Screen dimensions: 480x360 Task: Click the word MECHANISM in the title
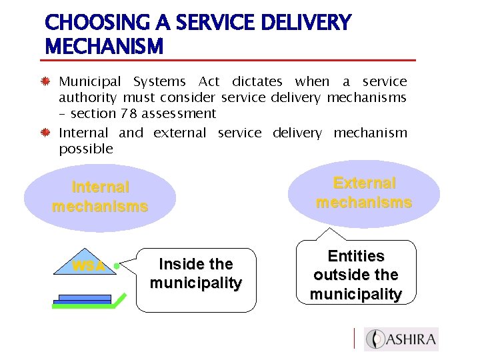click(x=104, y=47)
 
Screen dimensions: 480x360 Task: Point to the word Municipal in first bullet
click(x=89, y=82)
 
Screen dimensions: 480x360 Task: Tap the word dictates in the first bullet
click(x=257, y=82)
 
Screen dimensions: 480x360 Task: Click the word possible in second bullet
click(x=86, y=149)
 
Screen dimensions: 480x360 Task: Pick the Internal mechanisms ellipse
click(x=100, y=197)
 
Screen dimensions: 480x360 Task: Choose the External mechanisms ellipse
click(x=364, y=193)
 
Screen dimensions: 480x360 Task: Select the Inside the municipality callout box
click(x=196, y=280)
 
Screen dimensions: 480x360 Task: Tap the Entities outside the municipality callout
click(x=356, y=273)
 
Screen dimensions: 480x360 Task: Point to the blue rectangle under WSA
click(x=85, y=299)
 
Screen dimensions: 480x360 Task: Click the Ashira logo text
click(x=413, y=339)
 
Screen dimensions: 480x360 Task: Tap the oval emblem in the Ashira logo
click(x=377, y=339)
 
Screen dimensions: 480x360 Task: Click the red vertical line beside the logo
click(x=354, y=339)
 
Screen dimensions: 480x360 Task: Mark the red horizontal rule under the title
click(x=230, y=61)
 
